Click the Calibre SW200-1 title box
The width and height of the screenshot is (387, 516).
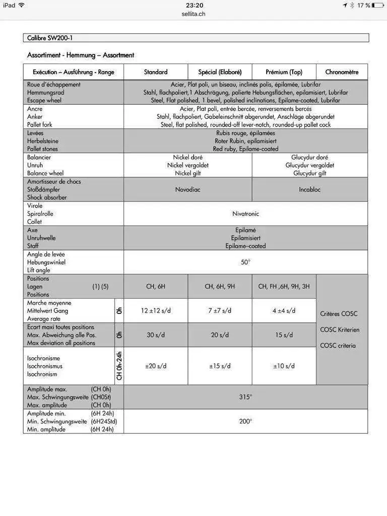pos(196,38)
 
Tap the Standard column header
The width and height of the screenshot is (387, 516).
pos(156,72)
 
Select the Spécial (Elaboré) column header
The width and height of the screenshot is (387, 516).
pos(220,72)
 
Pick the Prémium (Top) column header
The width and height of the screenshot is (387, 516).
pos(284,72)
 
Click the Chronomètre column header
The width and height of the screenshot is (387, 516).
pos(342,72)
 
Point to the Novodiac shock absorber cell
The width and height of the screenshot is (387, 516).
pos(187,189)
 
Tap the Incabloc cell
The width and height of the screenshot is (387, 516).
pos(309,189)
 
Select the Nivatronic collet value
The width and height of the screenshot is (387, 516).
pos(245,214)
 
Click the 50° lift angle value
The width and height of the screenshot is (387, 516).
pos(245,262)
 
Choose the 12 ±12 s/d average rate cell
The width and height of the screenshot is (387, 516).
pos(156,311)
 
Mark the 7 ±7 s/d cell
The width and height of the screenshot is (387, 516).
pos(220,311)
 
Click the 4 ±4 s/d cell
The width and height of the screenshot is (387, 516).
pos(284,311)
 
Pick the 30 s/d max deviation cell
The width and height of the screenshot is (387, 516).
pos(156,335)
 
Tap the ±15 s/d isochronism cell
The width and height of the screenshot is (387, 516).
pos(220,366)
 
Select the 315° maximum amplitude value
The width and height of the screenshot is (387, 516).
pos(245,397)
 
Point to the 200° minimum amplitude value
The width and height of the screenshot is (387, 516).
pos(245,421)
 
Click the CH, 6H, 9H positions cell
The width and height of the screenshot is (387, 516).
pos(220,287)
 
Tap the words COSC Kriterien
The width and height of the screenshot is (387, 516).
pos(340,330)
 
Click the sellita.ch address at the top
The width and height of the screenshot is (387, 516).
pos(193,14)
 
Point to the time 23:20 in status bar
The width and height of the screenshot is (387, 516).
pos(194,5)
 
